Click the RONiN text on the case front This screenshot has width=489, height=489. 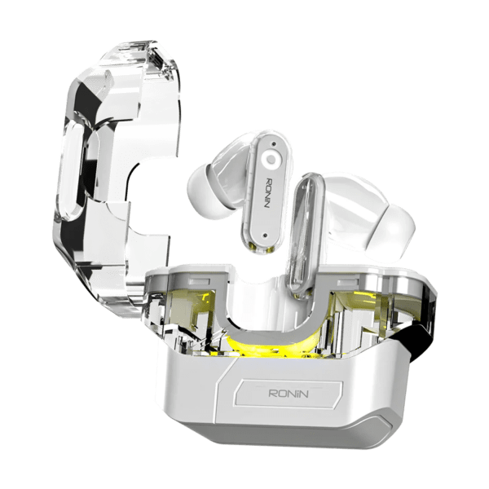point(289,393)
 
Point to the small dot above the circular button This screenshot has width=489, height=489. point(274,143)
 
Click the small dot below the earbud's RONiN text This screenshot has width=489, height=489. point(265,235)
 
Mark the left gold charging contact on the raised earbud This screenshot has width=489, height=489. point(253,249)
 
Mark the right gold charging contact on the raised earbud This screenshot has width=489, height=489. point(270,249)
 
